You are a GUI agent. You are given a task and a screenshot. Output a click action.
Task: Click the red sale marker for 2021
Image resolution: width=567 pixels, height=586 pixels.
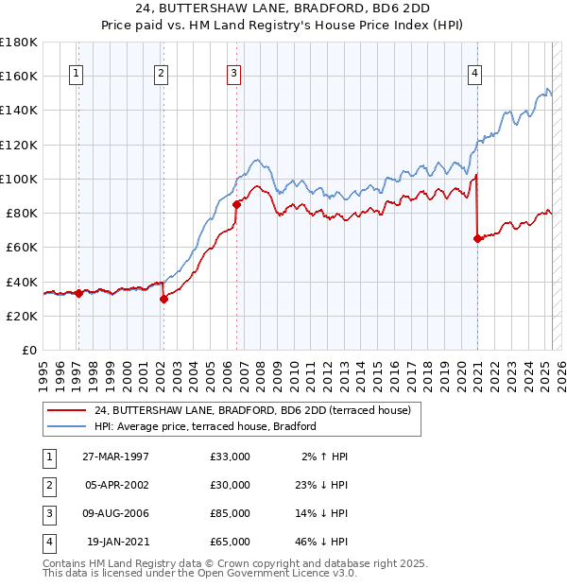(x=477, y=238)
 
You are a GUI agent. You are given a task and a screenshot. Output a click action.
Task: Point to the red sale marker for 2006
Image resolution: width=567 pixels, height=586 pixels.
(x=236, y=204)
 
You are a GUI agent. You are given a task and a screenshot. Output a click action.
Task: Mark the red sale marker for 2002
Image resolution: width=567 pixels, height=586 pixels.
(x=163, y=299)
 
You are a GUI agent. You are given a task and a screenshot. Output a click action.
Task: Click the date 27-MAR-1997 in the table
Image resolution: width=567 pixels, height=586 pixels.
(x=116, y=457)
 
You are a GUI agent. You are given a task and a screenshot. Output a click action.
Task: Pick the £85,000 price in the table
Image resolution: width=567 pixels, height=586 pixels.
(x=231, y=513)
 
